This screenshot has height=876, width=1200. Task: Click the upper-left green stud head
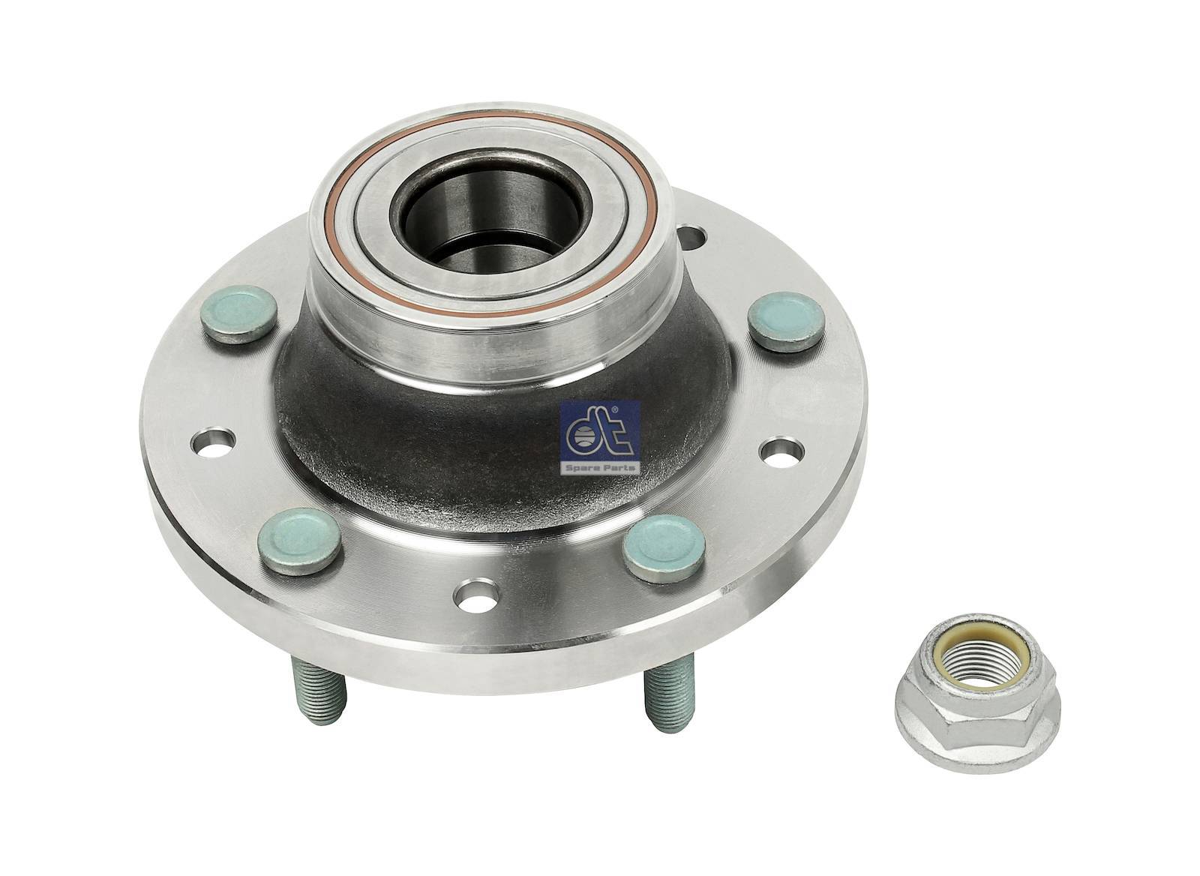239,314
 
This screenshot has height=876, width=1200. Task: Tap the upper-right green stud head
787,322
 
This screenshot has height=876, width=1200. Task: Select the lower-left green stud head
299,541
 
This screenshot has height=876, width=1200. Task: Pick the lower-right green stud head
664,548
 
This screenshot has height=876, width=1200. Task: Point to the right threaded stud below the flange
670,698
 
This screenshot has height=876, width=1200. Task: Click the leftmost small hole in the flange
213,442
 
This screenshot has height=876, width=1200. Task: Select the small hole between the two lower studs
476,595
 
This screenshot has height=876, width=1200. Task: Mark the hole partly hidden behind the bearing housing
691,238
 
